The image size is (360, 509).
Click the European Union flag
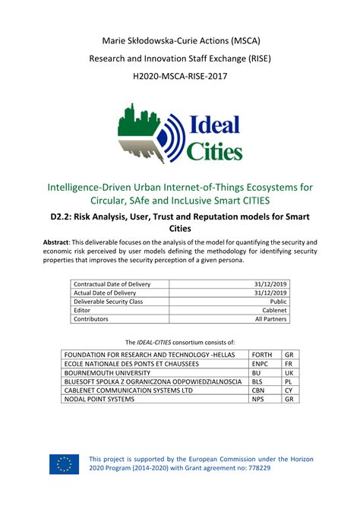tap(64, 463)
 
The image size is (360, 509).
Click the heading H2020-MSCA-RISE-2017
tap(179, 77)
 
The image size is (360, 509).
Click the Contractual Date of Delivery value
tap(270, 284)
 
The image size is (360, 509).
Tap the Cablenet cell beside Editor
tap(273, 311)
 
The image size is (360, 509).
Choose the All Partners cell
tap(271, 320)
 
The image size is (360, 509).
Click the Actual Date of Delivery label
tap(105, 293)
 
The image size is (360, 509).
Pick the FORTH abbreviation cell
tap(261, 355)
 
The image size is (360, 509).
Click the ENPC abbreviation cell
tap(260, 364)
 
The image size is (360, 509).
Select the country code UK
tap(289, 373)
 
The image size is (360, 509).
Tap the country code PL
tap(289, 381)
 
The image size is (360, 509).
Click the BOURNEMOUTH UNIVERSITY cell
tap(110, 373)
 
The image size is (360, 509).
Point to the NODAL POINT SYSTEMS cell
tap(99, 399)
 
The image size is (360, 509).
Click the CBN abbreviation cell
tap(259, 390)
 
